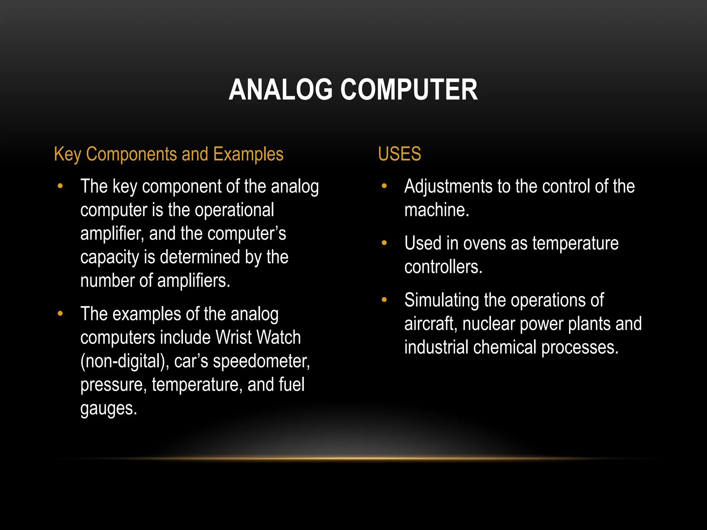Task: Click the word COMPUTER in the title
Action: (x=409, y=90)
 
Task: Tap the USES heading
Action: (x=399, y=154)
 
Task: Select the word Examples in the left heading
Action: (x=248, y=154)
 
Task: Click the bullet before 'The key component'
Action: (x=60, y=186)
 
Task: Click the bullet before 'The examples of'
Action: (x=60, y=314)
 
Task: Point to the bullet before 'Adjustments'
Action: (x=384, y=186)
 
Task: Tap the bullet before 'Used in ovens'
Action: (x=384, y=243)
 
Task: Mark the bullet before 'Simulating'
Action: (x=384, y=300)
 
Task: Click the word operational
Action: (x=234, y=210)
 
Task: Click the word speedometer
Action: (x=262, y=361)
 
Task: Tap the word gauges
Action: (x=108, y=409)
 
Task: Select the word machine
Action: (x=436, y=210)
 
